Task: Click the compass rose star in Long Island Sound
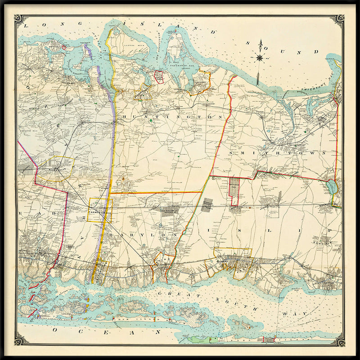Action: (x=260, y=57)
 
